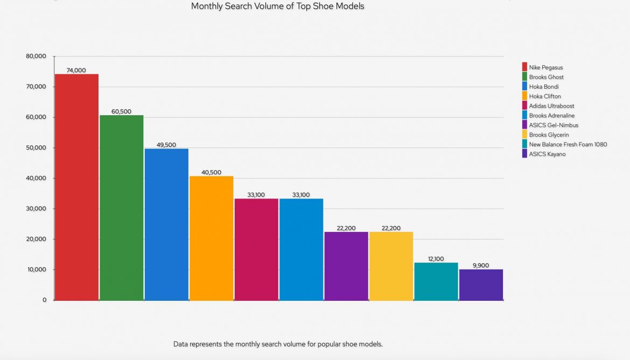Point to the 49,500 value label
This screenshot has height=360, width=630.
tap(166, 145)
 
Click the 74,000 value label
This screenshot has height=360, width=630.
tap(76, 70)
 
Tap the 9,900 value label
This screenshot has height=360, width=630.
tap(481, 265)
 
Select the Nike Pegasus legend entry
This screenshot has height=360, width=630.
tap(545, 67)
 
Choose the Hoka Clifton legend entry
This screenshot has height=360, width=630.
tap(544, 96)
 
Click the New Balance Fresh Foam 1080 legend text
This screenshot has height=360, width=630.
tap(568, 144)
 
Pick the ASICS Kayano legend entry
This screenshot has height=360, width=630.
tap(547, 154)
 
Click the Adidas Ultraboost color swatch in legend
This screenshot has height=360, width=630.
tap(524, 106)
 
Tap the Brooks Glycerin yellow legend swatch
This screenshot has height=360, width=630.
tap(524, 135)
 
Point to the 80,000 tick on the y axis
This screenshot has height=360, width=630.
tap(36, 57)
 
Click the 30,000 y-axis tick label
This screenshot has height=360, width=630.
tap(36, 209)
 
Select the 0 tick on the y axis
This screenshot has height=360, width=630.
tap(44, 300)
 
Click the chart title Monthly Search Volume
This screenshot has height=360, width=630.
tap(277, 6)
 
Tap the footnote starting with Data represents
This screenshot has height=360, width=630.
tap(278, 344)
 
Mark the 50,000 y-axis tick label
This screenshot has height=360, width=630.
tap(36, 148)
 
